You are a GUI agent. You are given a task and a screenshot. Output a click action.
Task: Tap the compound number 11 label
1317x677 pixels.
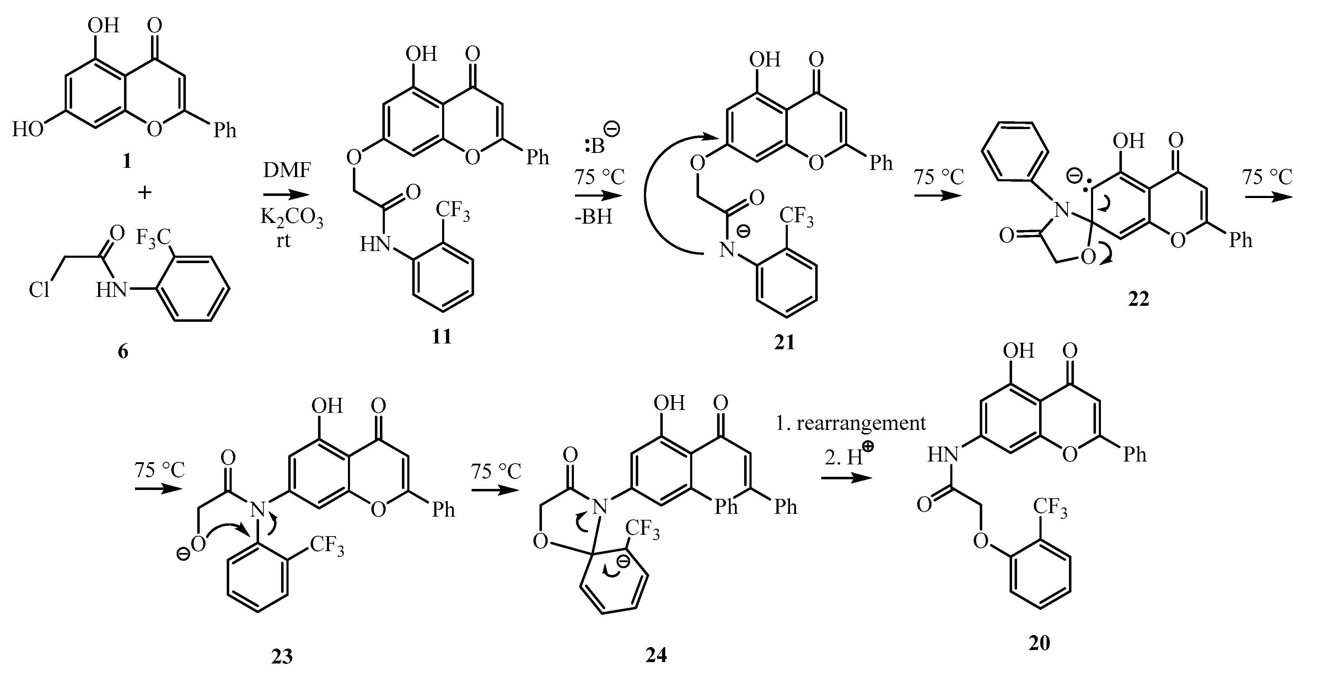pyautogui.click(x=441, y=336)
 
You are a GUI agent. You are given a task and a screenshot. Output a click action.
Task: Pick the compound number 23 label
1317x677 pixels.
pyautogui.click(x=282, y=656)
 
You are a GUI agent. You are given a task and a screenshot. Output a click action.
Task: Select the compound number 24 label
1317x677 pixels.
pyautogui.click(x=656, y=656)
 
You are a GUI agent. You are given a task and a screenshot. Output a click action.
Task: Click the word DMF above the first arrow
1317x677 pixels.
pyautogui.click(x=287, y=170)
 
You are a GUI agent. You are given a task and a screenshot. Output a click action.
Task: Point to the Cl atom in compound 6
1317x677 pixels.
pyautogui.click(x=39, y=290)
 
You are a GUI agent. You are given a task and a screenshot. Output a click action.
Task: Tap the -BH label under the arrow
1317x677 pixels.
pyautogui.click(x=593, y=217)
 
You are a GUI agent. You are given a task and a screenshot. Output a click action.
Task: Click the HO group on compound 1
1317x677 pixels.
pyautogui.click(x=28, y=129)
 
